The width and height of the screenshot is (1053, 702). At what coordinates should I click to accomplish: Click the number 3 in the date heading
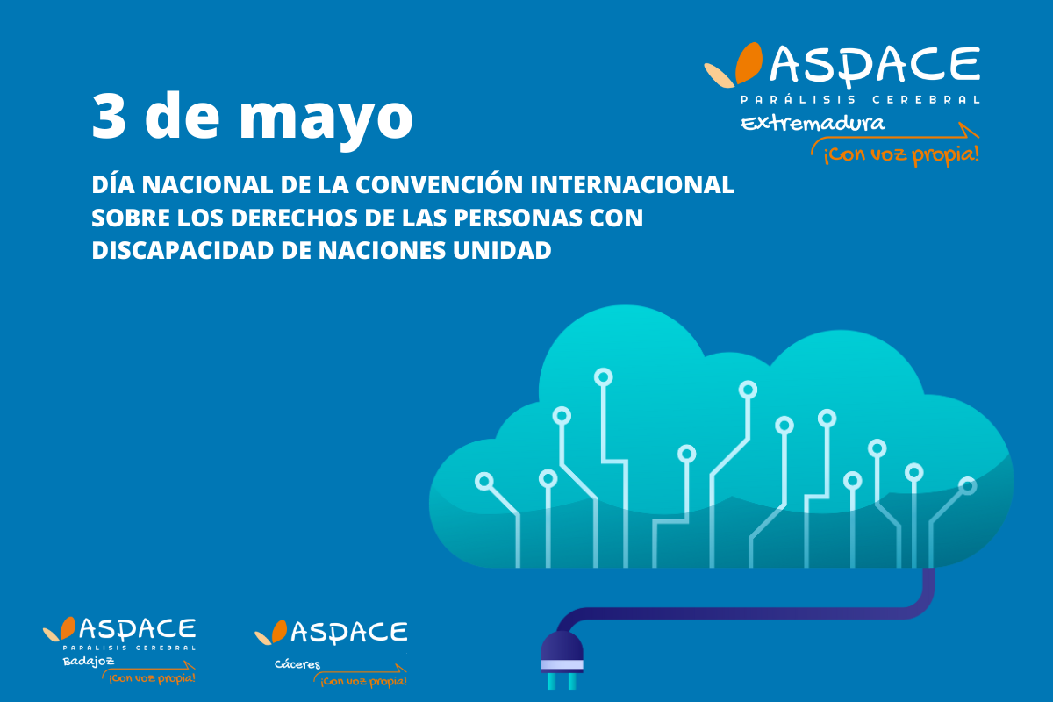point(109,115)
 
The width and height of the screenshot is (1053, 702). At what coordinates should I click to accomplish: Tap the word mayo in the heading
point(326,119)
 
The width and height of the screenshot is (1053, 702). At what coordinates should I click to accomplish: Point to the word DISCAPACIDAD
point(183,250)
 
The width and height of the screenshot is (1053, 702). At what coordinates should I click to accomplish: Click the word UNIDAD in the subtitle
point(502,250)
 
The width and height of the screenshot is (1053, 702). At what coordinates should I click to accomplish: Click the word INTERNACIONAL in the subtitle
point(633,184)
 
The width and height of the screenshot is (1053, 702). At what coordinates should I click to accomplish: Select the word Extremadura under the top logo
point(813,123)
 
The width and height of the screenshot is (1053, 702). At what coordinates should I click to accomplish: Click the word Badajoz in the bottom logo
point(89,661)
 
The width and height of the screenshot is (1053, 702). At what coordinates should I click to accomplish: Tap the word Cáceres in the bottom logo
point(297,664)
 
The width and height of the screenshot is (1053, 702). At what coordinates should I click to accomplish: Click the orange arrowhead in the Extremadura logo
point(969,130)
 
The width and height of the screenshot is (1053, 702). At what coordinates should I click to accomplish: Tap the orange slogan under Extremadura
point(901,154)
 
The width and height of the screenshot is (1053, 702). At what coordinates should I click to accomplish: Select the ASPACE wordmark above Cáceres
point(349,632)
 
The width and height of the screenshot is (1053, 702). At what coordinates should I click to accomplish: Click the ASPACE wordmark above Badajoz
point(137,629)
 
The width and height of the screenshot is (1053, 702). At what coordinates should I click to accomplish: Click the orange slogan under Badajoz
point(152,678)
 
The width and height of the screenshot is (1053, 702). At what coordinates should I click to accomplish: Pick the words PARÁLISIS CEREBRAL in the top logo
point(860,99)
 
